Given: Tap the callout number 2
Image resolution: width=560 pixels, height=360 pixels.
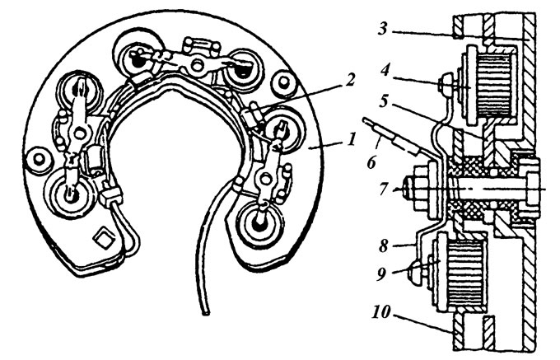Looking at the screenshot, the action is [352, 81].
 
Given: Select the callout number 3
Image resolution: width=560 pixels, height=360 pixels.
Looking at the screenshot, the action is [383, 28].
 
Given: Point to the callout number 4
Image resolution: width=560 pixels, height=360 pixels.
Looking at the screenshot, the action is [385, 70].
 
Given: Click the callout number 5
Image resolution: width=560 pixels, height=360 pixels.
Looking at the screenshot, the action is [384, 102].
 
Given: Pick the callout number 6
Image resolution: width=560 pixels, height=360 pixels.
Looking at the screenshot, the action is [371, 163].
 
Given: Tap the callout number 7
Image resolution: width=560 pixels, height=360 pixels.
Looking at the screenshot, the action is [383, 189].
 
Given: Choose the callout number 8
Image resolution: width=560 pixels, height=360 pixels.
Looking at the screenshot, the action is [383, 245].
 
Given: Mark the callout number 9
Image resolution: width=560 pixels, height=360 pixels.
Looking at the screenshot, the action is [382, 274].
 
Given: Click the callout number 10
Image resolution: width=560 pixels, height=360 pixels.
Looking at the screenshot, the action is [380, 313].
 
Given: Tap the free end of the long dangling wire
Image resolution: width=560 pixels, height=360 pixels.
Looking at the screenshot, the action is [205, 313].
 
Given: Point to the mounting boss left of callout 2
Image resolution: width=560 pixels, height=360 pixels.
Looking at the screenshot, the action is [284, 83].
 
